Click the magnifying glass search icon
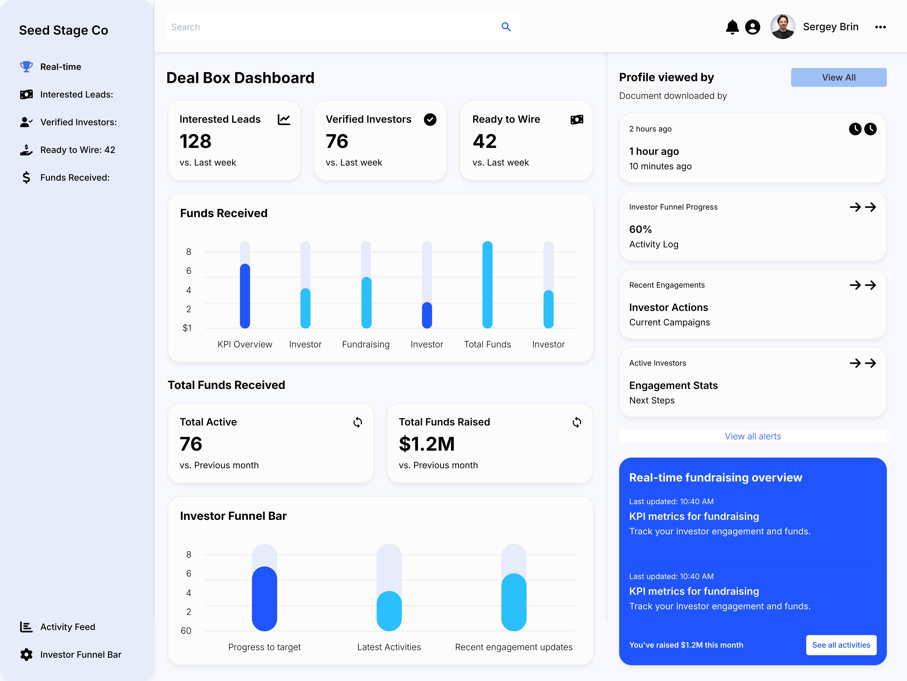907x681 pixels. [506, 27]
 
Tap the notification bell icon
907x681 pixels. [732, 27]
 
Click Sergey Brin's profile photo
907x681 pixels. [782, 27]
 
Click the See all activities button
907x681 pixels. [841, 645]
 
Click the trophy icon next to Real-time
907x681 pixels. [26, 66]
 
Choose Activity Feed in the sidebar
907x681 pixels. [68, 627]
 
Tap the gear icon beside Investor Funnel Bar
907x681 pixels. [26, 654]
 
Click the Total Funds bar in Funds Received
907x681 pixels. [487, 285]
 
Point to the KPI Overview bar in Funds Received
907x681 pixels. [245, 296]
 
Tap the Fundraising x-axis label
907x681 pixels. [366, 344]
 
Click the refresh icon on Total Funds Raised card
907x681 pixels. [576, 422]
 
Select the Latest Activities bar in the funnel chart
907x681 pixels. [389, 611]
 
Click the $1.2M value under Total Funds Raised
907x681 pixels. [426, 444]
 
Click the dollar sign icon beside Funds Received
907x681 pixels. [26, 177]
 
